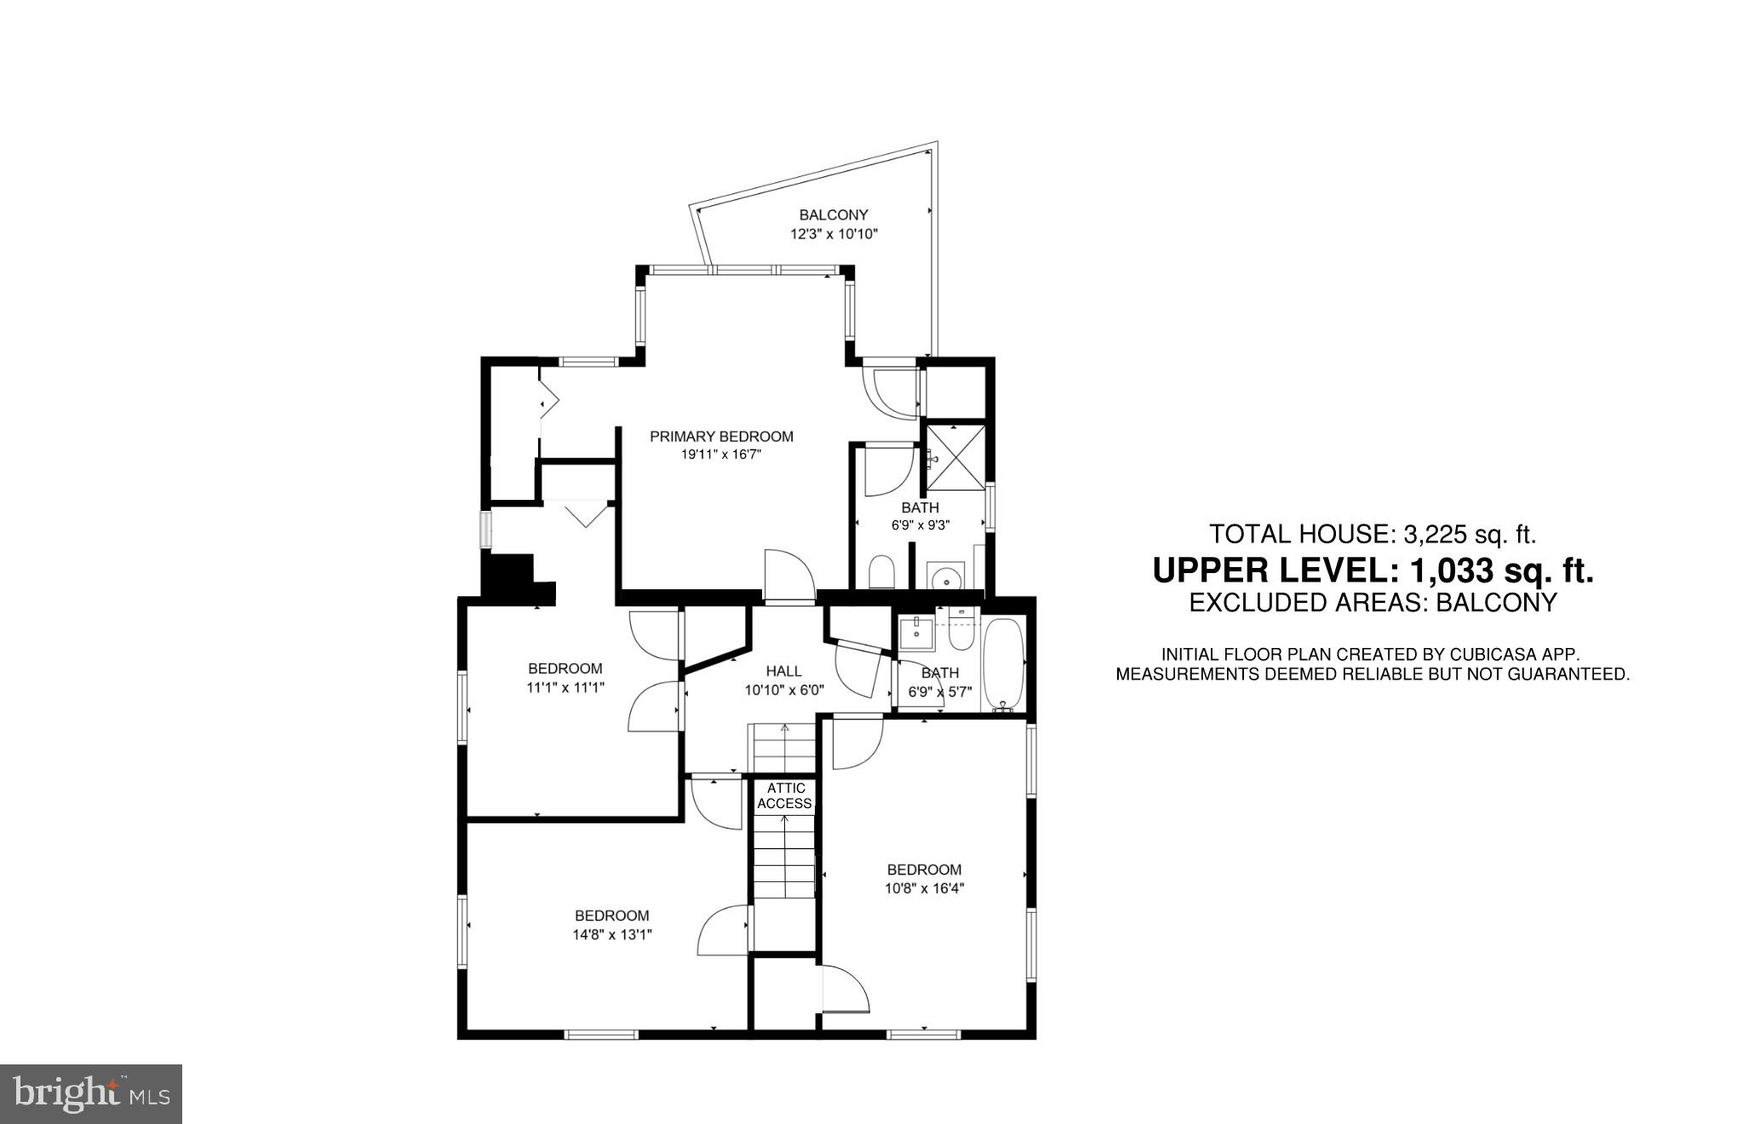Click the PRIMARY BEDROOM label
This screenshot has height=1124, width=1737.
(721, 437)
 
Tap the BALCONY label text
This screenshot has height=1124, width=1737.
(833, 215)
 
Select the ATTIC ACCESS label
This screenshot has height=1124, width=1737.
(784, 796)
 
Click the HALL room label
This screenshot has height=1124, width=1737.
(783, 672)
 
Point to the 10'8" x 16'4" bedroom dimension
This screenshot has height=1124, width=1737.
(924, 888)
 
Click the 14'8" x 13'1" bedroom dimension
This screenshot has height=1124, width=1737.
(612, 934)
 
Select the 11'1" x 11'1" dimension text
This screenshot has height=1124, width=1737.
(565, 687)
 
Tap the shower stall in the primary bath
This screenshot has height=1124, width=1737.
(955, 457)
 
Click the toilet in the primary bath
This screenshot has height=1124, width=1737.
(882, 573)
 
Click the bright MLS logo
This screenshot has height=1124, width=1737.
(91, 1093)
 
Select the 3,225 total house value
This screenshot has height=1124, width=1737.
(1436, 535)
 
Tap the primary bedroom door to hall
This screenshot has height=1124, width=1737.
(789, 576)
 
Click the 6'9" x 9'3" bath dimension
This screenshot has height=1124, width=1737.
(920, 525)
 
